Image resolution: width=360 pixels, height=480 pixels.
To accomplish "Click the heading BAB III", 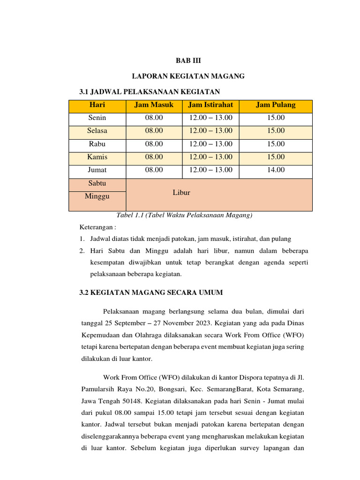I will pos(188,60).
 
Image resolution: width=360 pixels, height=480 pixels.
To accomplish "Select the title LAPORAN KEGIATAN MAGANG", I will pos(188,76).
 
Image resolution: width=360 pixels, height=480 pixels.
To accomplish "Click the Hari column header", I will pos(97,105).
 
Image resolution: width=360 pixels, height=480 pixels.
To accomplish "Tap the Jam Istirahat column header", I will pos(210,105).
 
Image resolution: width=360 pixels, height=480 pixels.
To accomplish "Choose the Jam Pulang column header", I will pos(276,105).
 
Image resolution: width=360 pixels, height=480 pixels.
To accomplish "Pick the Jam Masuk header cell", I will pos(154,105).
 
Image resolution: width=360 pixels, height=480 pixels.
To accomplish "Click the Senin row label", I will pos(97,118).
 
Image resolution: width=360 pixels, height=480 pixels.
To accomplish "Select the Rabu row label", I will pos(97,144).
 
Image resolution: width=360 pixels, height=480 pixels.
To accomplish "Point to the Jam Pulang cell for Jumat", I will pos(276,170).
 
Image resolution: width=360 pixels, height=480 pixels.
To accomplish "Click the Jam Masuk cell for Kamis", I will pos(154,157).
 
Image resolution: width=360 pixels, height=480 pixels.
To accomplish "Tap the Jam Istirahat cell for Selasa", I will pos(210,131).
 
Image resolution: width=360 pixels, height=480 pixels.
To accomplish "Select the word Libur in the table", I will pos(181,193).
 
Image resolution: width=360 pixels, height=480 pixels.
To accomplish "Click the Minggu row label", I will pos(97,196).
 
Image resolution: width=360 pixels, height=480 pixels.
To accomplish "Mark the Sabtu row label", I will pos(97,183).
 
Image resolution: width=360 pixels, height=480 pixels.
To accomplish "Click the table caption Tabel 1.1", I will pos(184,215).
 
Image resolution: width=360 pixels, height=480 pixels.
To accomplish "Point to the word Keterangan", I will pos(97,227).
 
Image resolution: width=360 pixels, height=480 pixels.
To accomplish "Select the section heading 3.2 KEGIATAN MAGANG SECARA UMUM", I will pos(151,292).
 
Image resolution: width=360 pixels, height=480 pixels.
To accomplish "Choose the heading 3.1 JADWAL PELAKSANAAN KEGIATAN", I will pos(150,91).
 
